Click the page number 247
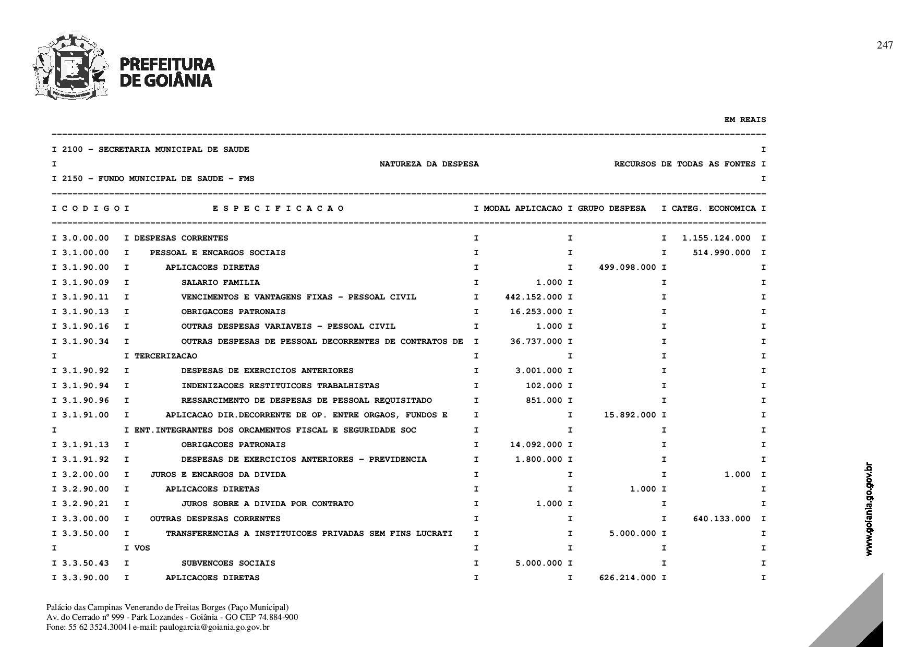click(884, 45)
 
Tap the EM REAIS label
click(745, 120)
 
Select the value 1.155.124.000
click(716, 238)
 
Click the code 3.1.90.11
click(86, 297)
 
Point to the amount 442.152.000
click(534, 297)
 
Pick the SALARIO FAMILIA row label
click(220, 283)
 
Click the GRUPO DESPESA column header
click(611, 209)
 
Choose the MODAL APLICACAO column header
click(523, 209)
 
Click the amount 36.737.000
click(536, 342)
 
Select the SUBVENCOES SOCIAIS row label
click(228, 564)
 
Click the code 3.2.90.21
click(86, 504)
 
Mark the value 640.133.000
click(721, 519)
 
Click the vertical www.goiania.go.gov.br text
click(869, 509)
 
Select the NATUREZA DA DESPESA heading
click(429, 164)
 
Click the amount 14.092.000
click(536, 445)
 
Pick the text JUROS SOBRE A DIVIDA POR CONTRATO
click(267, 504)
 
